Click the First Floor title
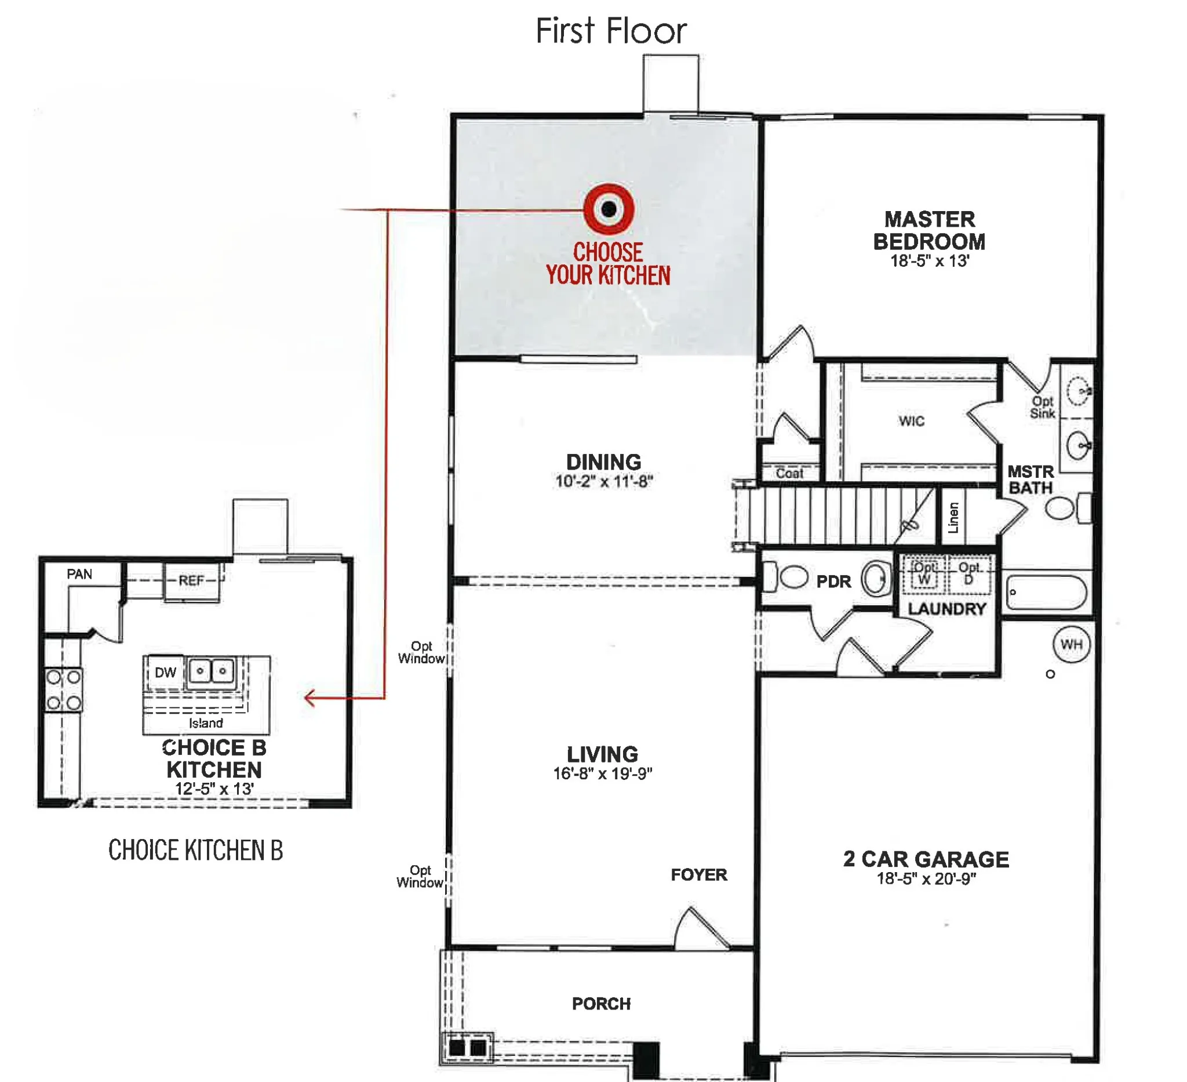coord(610,31)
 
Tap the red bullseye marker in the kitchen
coord(609,209)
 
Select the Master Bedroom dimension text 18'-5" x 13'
coord(930,260)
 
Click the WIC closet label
coord(912,420)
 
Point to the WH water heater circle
coord(1071,644)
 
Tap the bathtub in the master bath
coord(1046,591)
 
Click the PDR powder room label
coord(833,582)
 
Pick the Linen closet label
coord(953,517)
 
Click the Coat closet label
coord(789,473)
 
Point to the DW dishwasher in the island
coord(165,672)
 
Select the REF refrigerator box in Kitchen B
coord(192,582)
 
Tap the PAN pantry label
coord(79,573)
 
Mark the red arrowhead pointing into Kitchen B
coord(310,698)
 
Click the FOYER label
coord(699,874)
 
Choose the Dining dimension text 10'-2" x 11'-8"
coord(604,481)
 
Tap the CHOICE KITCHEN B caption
coord(195,850)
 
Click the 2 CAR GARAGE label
coord(926,859)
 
